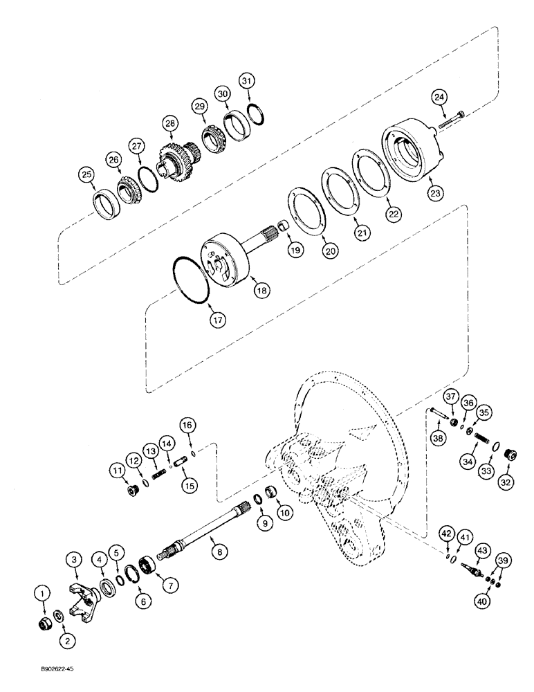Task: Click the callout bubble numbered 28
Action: click(x=169, y=122)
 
